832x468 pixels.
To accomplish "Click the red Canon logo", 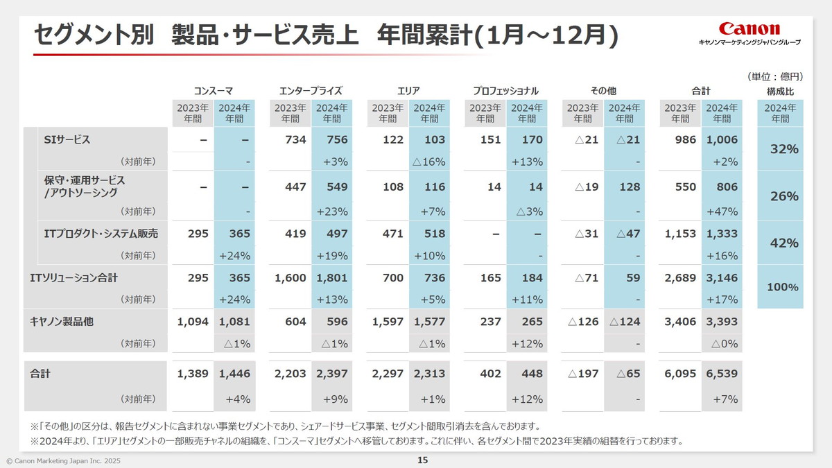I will (x=749, y=28).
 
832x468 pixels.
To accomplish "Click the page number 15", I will (x=422, y=460).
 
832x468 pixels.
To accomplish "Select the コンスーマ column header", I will (x=213, y=91).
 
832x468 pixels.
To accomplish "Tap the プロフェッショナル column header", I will (x=505, y=91).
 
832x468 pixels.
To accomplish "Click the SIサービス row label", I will (x=67, y=140).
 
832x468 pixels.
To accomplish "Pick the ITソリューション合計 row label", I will (x=74, y=278).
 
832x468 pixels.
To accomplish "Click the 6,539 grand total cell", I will (x=721, y=374).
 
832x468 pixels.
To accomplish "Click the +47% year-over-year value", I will (x=725, y=211).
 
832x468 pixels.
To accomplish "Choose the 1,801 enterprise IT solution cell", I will (x=332, y=278).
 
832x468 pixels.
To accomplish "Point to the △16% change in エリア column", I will (x=428, y=162).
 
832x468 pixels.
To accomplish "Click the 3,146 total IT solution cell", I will (x=721, y=278).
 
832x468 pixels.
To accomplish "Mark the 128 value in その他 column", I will (x=630, y=187).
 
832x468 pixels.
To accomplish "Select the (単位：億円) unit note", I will (x=775, y=76).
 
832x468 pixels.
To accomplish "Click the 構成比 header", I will (x=780, y=91).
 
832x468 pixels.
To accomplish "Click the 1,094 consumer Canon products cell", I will (x=193, y=322).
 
